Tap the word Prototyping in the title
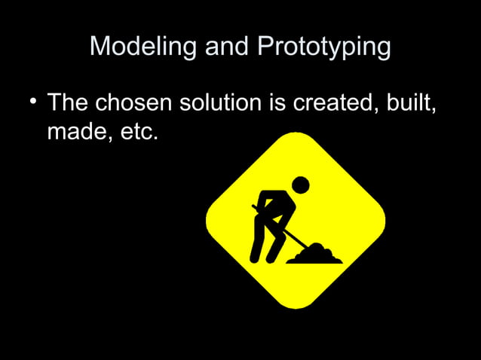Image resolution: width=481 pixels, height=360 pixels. (x=323, y=48)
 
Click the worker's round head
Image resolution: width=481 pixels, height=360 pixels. (x=300, y=185)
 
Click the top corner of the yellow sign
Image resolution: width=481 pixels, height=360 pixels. (x=296, y=136)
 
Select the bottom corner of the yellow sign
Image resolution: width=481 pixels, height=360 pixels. (x=296, y=304)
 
